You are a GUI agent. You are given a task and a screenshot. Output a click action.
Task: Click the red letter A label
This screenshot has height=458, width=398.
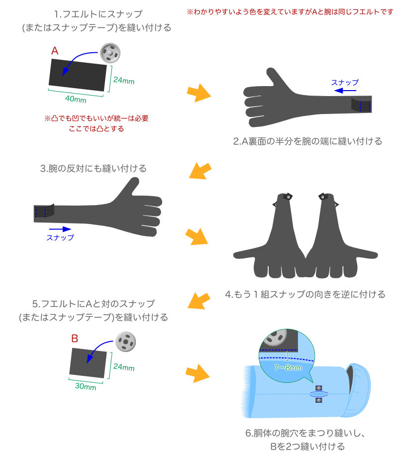tap(55, 51)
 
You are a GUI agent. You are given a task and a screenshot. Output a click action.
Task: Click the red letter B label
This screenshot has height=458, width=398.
tap(75, 338)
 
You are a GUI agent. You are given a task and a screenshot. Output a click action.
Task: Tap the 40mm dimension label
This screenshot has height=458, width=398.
tap(76, 99)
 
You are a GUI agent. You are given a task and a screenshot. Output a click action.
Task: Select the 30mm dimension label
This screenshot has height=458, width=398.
tap(85, 386)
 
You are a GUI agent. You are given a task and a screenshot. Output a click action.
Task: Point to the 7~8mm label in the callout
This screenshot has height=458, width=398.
tap(288, 367)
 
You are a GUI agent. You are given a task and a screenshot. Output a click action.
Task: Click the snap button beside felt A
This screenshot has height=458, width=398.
tap(110, 53)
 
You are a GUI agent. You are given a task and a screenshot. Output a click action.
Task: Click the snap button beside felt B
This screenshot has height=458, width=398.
tap(125, 342)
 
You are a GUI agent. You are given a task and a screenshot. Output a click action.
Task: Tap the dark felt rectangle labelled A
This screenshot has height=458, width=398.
tap(78, 75)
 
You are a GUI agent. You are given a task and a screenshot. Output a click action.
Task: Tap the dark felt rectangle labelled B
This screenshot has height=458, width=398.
tap(88, 363)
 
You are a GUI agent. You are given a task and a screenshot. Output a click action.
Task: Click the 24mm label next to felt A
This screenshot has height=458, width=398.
tap(124, 80)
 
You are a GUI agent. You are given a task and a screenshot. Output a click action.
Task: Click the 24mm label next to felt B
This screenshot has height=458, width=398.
tap(124, 367)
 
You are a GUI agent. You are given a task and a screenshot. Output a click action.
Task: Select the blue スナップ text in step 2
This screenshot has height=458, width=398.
tap(345, 82)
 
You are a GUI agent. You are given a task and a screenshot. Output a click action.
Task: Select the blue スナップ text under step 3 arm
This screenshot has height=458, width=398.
tap(60, 237)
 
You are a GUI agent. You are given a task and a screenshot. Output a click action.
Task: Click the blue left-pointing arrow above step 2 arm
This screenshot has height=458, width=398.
tap(345, 91)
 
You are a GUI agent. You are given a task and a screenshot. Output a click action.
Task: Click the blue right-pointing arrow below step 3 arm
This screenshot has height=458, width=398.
tap(60, 229)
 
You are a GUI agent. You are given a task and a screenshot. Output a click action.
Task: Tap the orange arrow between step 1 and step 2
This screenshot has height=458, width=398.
tap(199, 93)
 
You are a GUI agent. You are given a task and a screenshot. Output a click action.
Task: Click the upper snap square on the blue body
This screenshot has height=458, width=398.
tap(318, 388)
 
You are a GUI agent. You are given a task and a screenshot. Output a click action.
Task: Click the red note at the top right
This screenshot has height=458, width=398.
tap(290, 11)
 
